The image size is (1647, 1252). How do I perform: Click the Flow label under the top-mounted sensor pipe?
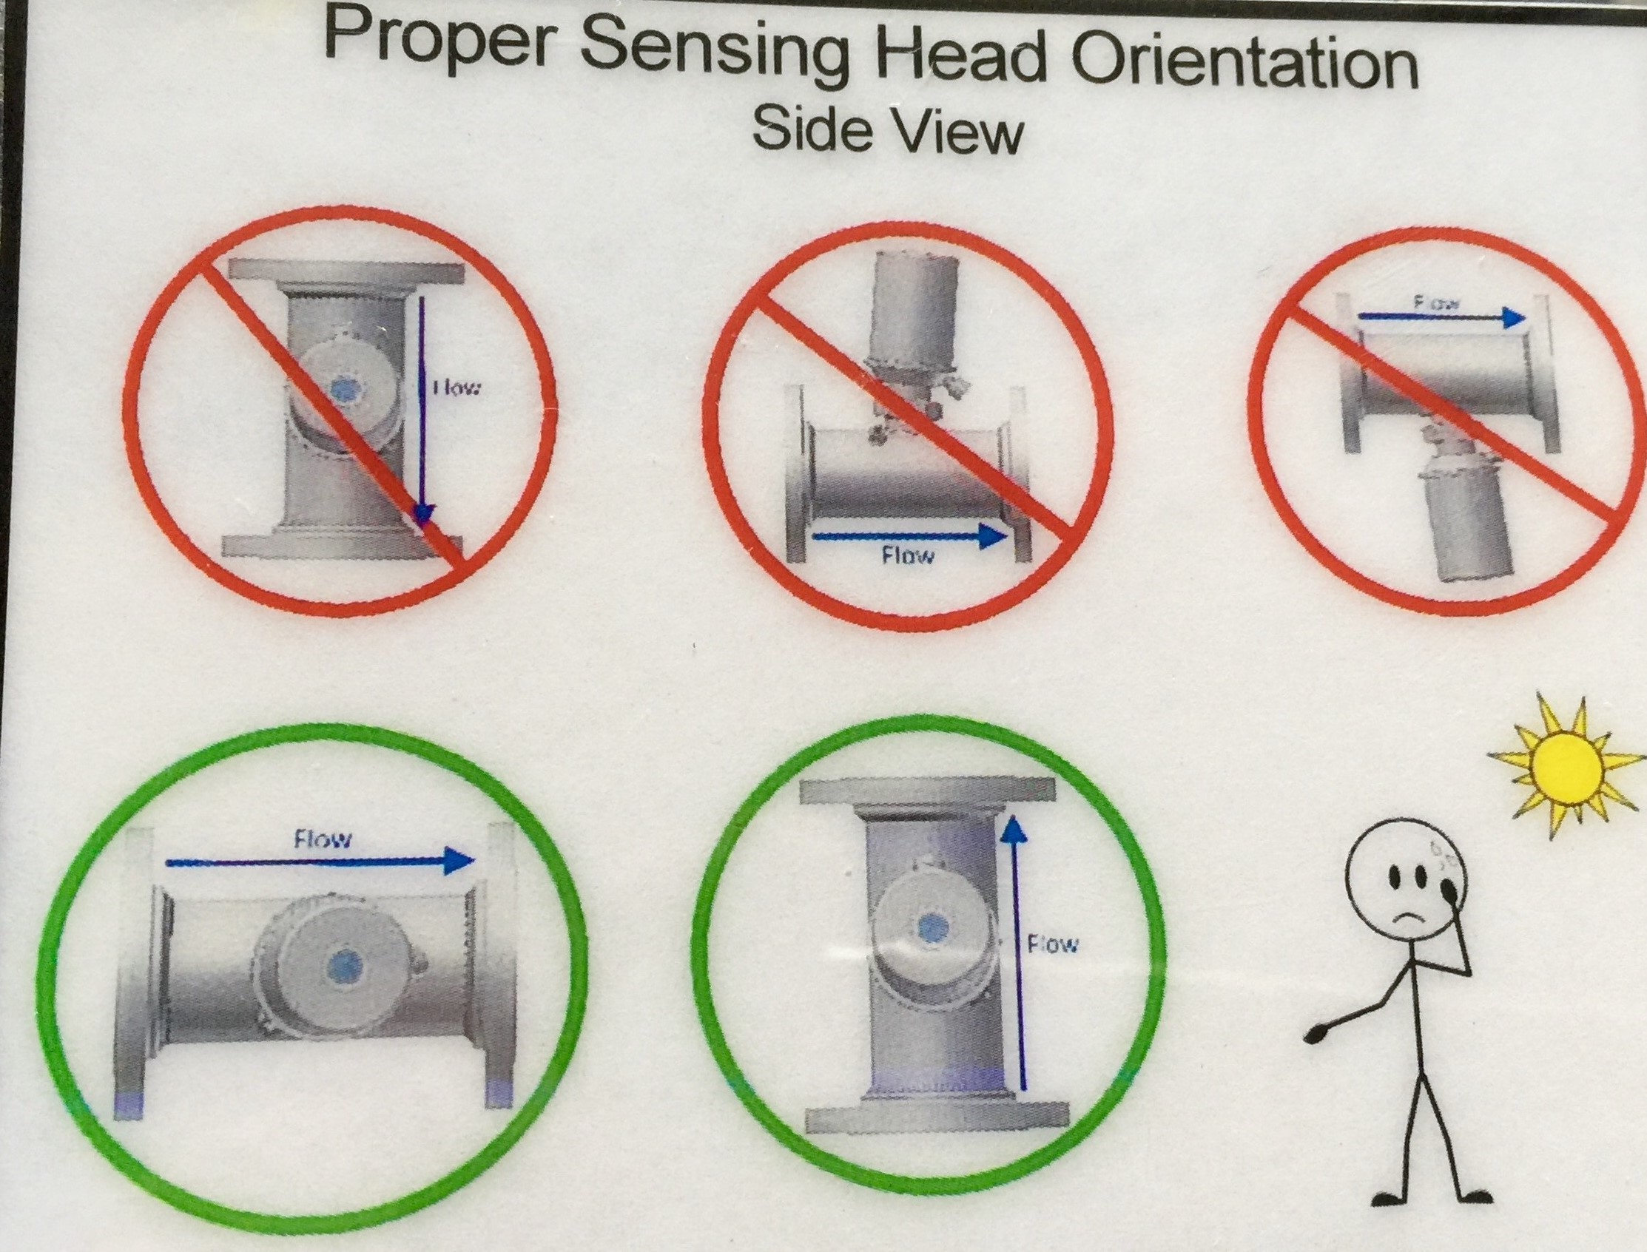(906, 555)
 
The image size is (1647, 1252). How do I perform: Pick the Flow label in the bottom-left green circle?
(322, 839)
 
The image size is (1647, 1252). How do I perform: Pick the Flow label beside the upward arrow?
(1053, 945)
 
